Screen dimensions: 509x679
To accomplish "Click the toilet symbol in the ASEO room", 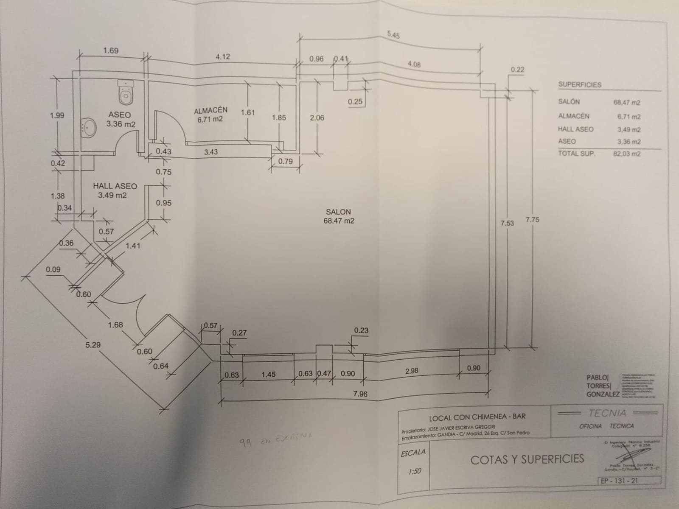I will (126, 92).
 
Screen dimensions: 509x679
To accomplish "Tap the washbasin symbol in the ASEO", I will (89, 127).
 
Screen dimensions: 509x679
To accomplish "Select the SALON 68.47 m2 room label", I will (339, 216).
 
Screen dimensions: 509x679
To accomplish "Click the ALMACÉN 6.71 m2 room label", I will (210, 115).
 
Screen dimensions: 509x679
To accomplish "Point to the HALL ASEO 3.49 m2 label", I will (115, 190).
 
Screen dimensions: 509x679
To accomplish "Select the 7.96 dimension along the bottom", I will (360, 394).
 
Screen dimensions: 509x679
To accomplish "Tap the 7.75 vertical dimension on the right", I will (532, 220).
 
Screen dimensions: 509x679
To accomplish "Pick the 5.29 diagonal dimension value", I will (93, 345).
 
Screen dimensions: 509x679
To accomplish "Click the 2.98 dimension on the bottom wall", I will (412, 371).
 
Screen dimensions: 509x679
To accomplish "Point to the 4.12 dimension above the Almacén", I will (223, 56).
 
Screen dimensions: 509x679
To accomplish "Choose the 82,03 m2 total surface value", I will (626, 154).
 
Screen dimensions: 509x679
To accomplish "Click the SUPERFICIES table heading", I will (580, 84).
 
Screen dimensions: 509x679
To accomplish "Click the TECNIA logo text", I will (607, 413).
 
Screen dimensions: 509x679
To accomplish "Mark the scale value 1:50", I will (414, 471).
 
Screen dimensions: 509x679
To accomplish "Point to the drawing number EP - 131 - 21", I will (620, 481).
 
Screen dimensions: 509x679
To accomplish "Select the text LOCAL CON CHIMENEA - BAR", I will (477, 417).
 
